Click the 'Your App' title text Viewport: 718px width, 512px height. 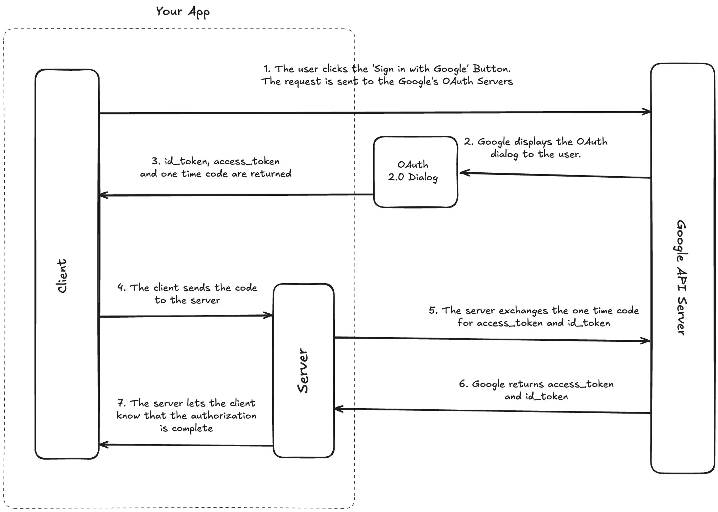tap(183, 12)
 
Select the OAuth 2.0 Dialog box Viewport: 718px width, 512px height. tap(415, 171)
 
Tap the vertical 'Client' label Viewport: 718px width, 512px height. tap(62, 276)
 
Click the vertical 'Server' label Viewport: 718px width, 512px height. tap(303, 371)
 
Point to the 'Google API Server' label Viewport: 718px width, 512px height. tap(681, 277)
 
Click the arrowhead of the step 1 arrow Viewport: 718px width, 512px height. tap(648, 112)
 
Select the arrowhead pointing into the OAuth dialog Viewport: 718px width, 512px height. tap(463, 173)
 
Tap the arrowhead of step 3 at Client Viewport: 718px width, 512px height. tap(103, 195)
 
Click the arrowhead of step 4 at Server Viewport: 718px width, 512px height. tap(269, 315)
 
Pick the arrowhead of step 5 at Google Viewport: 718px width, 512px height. tap(647, 341)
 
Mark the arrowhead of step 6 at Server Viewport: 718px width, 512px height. tap(338, 409)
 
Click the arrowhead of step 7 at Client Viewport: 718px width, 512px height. tap(103, 444)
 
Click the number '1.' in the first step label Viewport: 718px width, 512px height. tap(267, 69)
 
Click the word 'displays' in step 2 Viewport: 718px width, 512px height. tap(533, 142)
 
